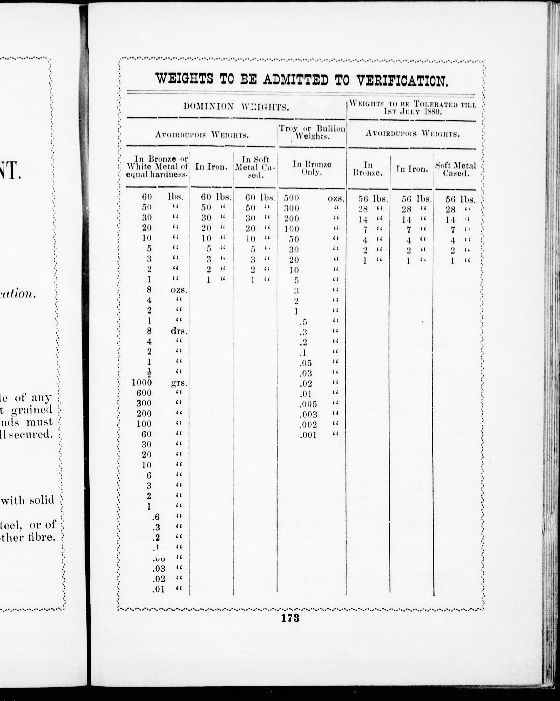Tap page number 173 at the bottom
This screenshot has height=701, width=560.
290,618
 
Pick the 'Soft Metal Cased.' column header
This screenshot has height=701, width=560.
456,169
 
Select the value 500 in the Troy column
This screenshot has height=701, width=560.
291,198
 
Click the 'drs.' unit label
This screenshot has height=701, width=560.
179,331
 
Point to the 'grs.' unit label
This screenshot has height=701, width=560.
179,383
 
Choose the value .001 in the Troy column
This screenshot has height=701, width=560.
308,435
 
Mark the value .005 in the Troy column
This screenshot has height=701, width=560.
308,404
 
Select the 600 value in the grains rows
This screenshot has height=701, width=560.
144,393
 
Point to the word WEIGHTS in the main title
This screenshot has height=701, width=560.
184,78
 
